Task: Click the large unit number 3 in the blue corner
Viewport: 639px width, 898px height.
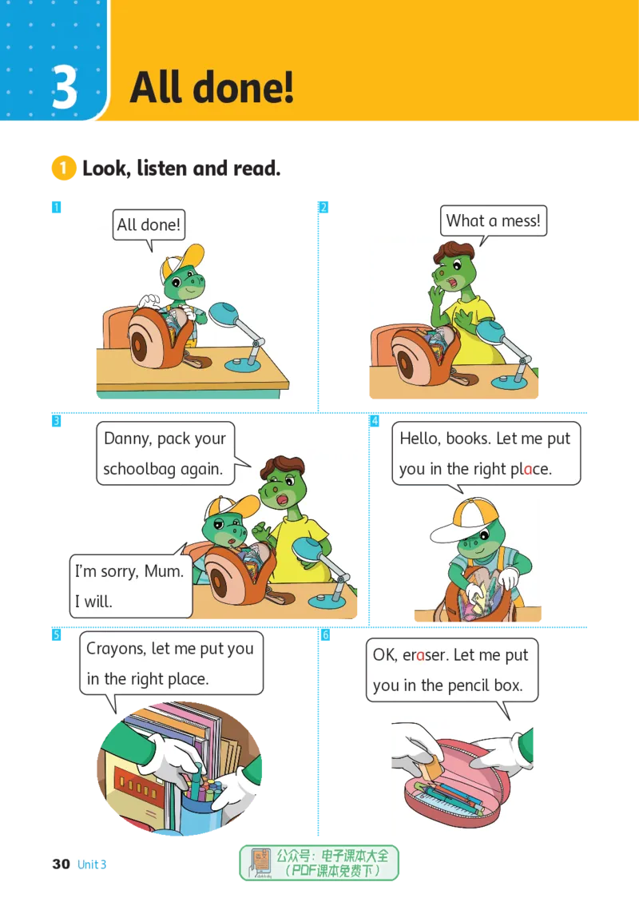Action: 65,87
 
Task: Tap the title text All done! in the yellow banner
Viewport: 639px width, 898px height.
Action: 212,87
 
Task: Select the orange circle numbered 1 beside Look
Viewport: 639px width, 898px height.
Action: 64,169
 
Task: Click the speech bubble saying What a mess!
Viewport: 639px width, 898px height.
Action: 494,221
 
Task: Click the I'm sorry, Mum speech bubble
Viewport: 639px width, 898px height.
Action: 130,586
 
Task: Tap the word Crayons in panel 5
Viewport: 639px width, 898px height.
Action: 116,650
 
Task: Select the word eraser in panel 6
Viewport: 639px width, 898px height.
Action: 426,655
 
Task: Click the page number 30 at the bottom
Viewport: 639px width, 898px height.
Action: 62,864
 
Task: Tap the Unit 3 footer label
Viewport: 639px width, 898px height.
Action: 92,864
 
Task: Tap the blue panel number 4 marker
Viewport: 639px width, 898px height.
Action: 375,421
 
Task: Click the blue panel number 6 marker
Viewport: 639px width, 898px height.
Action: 324,635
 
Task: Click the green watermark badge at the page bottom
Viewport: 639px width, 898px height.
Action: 319,863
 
